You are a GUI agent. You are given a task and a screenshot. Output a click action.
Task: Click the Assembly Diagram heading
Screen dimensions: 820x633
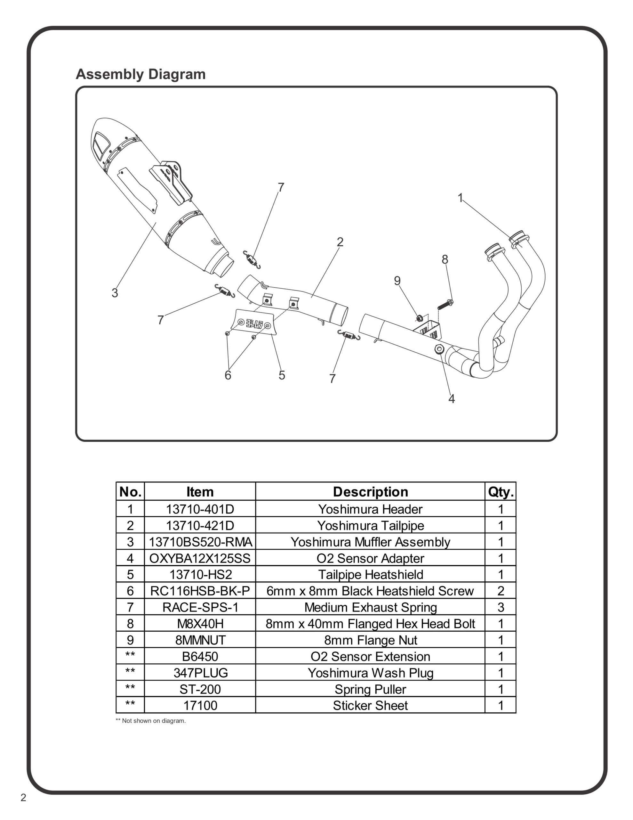[141, 74]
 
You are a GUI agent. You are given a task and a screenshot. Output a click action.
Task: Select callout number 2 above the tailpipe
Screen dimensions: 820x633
[340, 242]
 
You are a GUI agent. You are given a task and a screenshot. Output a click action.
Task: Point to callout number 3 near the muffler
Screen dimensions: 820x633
[115, 293]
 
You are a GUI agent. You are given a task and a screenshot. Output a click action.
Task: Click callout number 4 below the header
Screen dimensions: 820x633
[452, 399]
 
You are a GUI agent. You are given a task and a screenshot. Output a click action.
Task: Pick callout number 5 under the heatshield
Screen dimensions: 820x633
[282, 375]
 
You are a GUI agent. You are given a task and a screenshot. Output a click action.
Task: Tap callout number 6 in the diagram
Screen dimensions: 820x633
[228, 375]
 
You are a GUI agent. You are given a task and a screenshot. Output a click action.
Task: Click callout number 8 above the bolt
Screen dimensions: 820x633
[445, 259]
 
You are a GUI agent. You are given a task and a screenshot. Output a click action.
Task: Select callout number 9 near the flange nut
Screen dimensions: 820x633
[397, 281]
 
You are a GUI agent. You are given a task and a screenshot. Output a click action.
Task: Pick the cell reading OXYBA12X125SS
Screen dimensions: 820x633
[200, 558]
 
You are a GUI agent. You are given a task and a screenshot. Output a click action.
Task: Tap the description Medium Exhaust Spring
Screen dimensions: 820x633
[370, 607]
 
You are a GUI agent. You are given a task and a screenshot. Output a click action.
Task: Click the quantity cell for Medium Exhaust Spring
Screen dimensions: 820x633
[501, 607]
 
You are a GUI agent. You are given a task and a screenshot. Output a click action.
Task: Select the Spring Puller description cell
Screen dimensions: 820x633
[370, 689]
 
